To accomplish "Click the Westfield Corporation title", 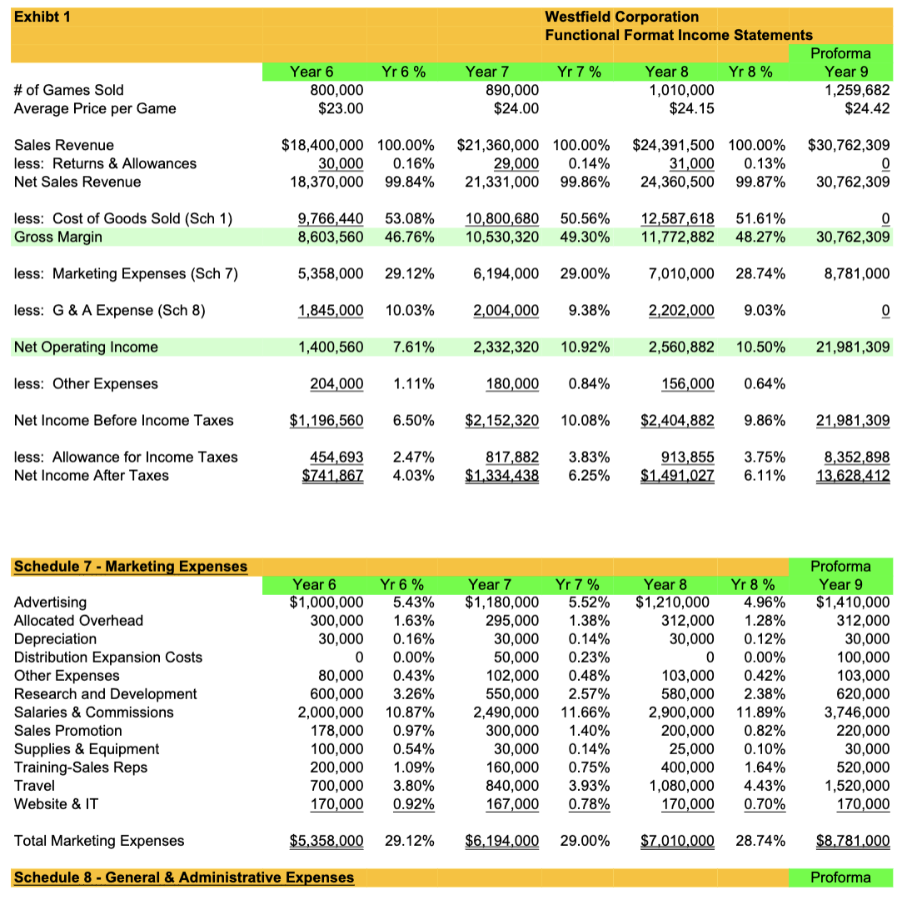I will click(621, 17).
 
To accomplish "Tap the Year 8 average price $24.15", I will click(691, 108).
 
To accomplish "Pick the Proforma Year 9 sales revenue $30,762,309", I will click(848, 145).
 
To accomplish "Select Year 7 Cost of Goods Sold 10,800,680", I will click(501, 218).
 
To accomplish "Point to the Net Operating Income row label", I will click(86, 347).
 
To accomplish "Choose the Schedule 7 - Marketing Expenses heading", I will click(131, 567).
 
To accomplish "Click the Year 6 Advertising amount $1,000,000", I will click(326, 602).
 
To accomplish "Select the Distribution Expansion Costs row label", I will click(108, 657).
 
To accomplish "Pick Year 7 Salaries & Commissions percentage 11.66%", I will click(585, 712).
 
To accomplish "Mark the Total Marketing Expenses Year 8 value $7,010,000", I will click(676, 840).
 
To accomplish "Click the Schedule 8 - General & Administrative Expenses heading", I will click(183, 877).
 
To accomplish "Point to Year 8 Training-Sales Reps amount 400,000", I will click(685, 767).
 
